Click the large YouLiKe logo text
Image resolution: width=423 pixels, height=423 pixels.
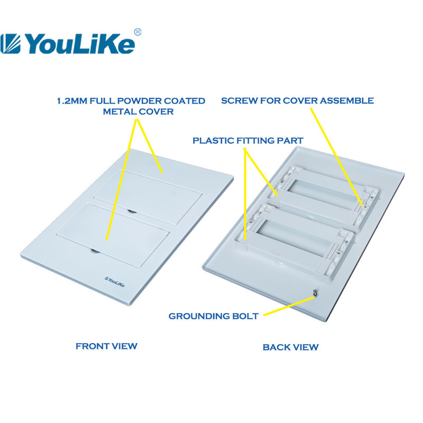[80, 44]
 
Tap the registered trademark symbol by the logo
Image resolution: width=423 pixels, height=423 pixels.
[137, 32]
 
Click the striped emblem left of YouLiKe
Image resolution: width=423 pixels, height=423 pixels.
[10, 44]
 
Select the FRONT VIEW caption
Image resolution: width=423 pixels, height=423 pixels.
[107, 346]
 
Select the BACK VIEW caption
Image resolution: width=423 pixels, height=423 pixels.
[290, 347]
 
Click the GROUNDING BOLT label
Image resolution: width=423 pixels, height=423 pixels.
[214, 316]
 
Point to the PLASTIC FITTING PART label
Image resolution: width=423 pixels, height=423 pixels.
[248, 141]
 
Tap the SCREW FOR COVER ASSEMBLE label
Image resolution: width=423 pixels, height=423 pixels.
[297, 100]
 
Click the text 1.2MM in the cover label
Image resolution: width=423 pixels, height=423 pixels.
[72, 101]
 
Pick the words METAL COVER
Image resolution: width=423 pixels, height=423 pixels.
[138, 112]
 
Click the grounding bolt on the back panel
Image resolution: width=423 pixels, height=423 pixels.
[315, 293]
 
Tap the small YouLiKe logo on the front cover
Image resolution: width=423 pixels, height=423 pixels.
[115, 282]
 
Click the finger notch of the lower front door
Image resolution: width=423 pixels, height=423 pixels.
[95, 252]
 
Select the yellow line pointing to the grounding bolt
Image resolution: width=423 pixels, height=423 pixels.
[289, 306]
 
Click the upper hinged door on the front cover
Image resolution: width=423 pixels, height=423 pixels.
[148, 197]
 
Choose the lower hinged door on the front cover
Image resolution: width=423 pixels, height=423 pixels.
[112, 235]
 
